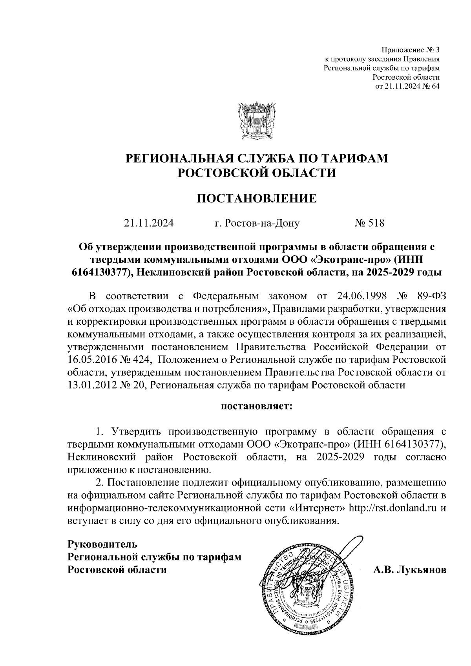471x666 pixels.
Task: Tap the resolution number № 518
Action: coord(369,224)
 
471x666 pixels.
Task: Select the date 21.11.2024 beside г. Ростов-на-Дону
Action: coord(149,224)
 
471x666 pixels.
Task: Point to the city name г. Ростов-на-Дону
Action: coord(257,224)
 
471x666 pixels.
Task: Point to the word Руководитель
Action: coord(103,544)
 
